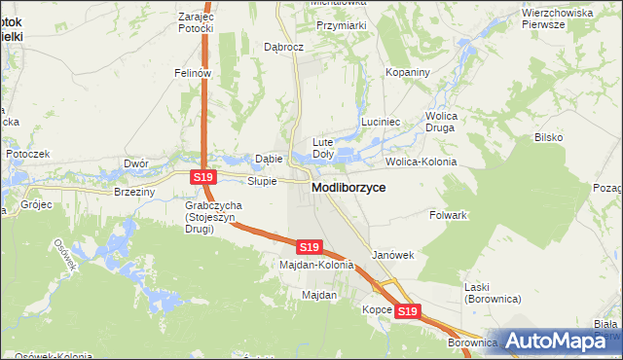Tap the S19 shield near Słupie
pyautogui.click(x=202, y=177)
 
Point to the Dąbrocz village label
pyautogui.click(x=285, y=46)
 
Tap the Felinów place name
pyautogui.click(x=193, y=73)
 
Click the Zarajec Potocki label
pyautogui.click(x=196, y=22)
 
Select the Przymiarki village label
pyautogui.click(x=341, y=26)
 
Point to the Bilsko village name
pyautogui.click(x=548, y=137)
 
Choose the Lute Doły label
pyautogui.click(x=323, y=148)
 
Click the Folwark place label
pyautogui.click(x=450, y=214)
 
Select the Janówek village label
pyautogui.click(x=393, y=255)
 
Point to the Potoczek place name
pyautogui.click(x=27, y=154)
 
